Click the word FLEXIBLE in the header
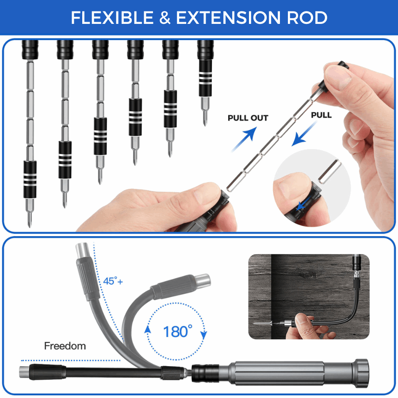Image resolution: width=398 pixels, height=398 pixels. coord(112,18)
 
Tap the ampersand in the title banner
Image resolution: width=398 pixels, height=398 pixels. coord(165,18)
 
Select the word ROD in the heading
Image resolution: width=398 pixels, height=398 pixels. coord(307,18)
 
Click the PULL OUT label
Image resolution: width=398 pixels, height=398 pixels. coord(248,118)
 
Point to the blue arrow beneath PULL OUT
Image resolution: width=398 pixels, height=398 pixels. coord(244,139)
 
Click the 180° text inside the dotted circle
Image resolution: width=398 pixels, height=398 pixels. coord(177,332)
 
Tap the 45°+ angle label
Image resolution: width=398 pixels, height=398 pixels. coord(113,281)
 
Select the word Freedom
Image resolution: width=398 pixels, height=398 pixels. coord(65,346)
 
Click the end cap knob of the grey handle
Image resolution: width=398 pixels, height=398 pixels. coord(361,373)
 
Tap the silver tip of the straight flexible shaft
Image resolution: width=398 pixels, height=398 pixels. coord(24,372)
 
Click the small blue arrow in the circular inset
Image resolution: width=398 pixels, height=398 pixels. coord(303,204)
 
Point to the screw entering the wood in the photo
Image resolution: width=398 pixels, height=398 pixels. coord(263,323)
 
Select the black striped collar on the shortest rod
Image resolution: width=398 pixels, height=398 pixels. coord(205,78)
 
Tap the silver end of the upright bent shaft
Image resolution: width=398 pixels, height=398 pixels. coord(82,250)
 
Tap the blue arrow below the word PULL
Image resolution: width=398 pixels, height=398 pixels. coord(304,134)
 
